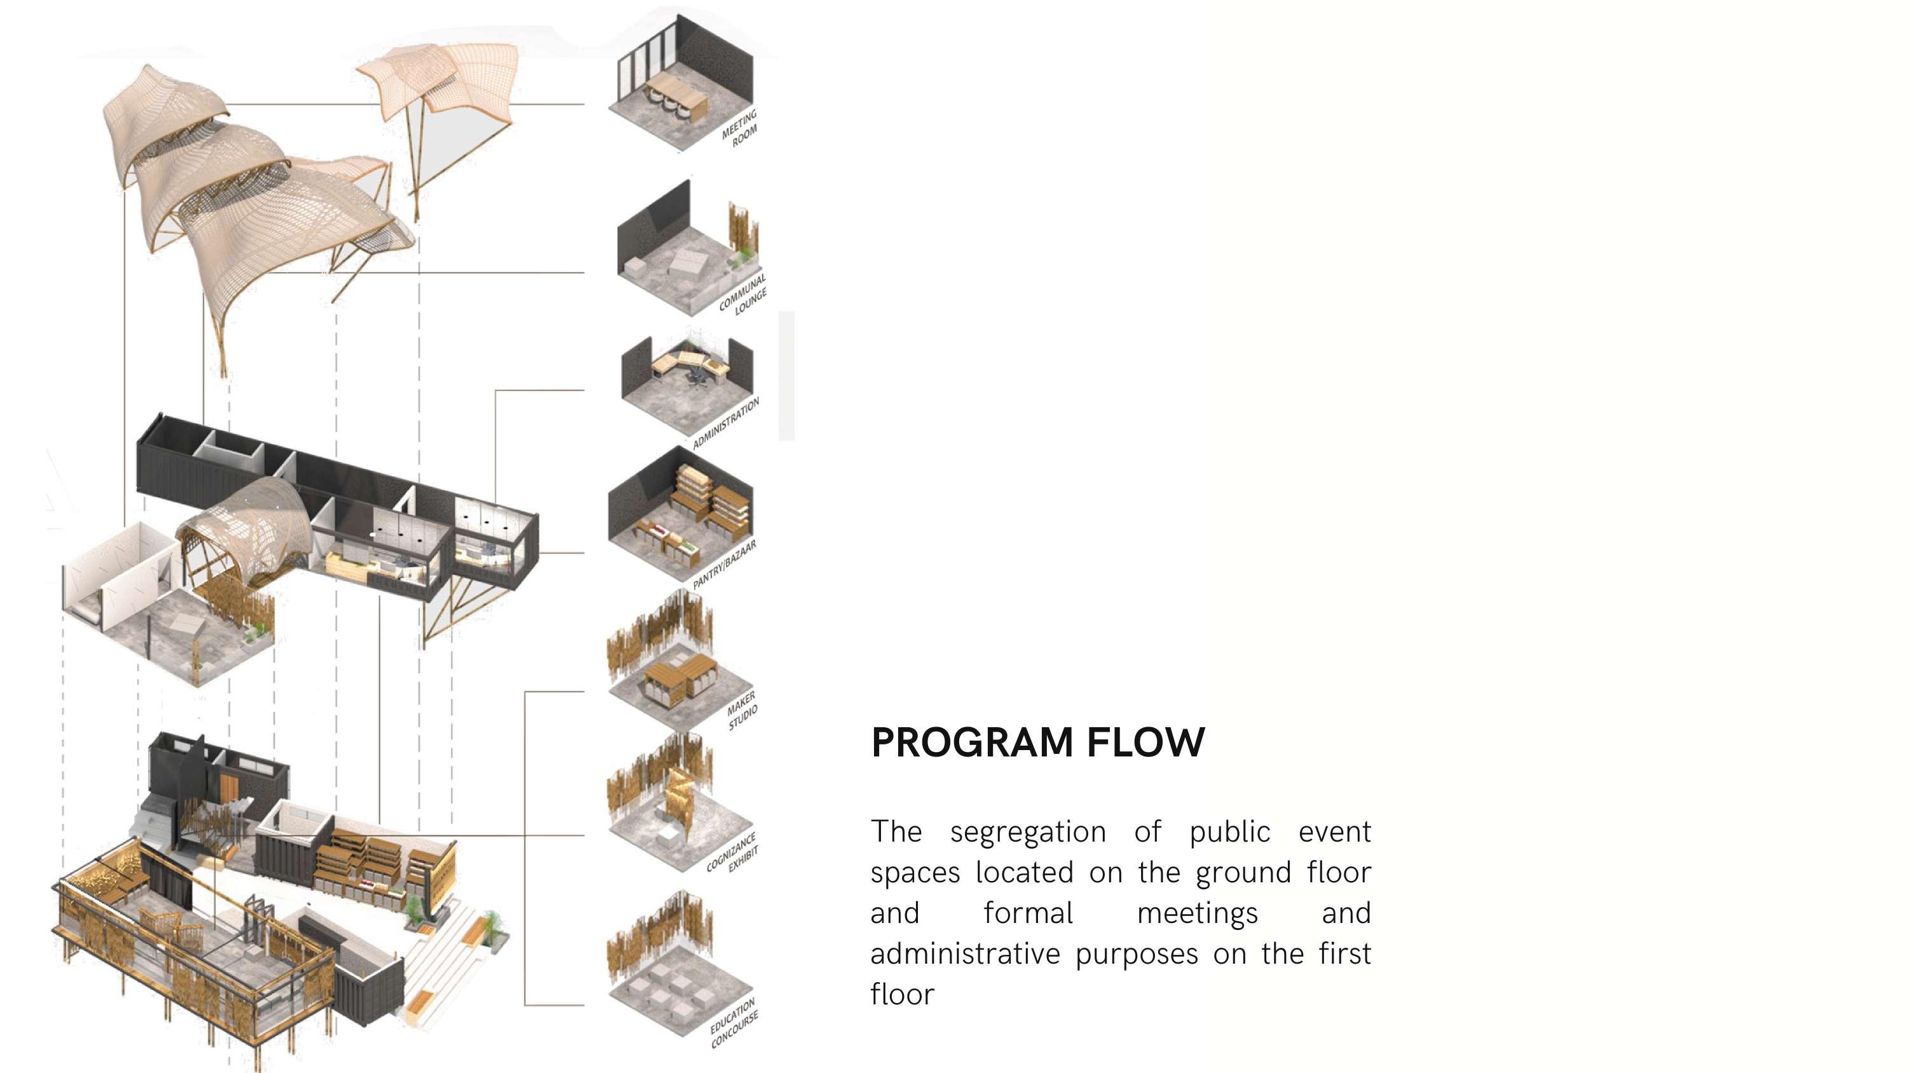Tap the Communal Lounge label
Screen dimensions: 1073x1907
tap(743, 295)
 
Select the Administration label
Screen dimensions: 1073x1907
tap(726, 423)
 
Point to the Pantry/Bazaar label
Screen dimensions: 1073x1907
tap(725, 565)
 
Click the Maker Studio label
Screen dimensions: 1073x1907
tap(742, 710)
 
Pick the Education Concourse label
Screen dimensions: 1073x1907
tap(734, 1022)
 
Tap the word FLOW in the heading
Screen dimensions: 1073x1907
tap(1146, 742)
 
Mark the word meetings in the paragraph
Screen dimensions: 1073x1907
tap(1197, 913)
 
